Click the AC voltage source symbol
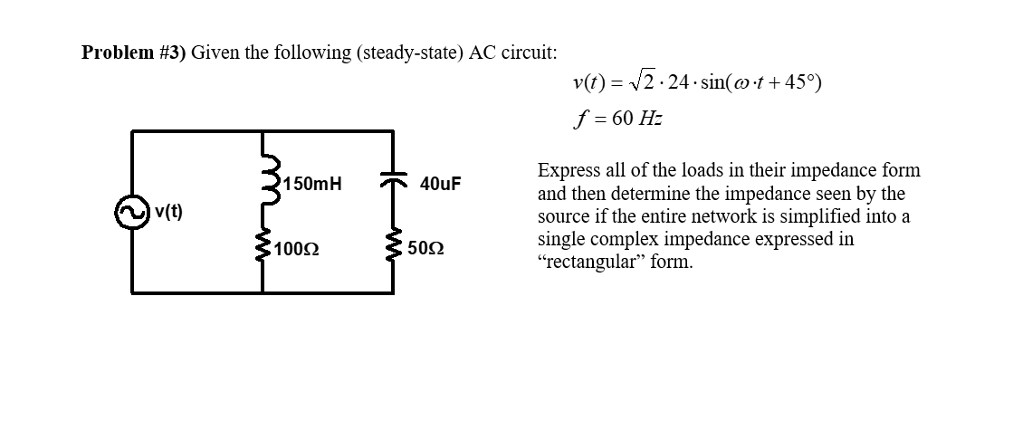tap(132, 212)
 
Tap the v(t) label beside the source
tap(168, 212)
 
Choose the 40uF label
tap(441, 184)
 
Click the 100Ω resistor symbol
tap(263, 245)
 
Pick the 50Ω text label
tap(425, 247)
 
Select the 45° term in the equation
tap(794, 84)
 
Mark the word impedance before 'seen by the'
tap(740, 194)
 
